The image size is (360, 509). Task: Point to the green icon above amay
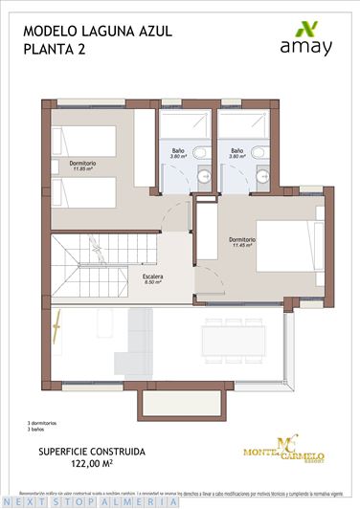tap(306, 26)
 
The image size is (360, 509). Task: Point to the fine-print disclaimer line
tap(180, 487)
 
